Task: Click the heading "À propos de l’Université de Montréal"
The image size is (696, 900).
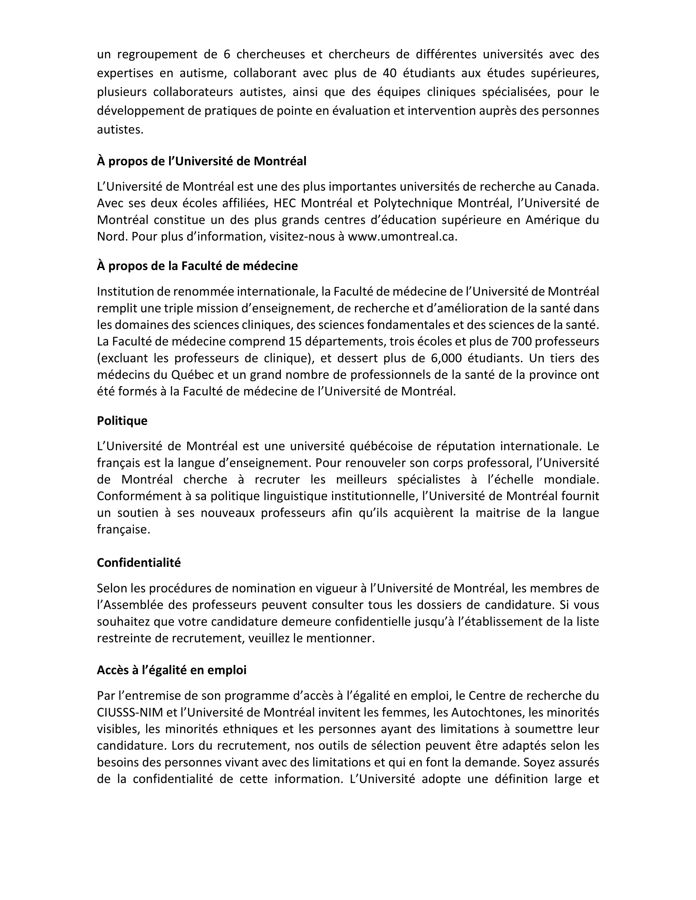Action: (201, 161)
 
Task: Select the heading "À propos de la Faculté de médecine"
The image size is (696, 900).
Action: (197, 266)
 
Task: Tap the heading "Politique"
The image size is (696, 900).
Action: (122, 421)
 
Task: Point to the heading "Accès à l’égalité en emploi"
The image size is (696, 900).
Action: (172, 670)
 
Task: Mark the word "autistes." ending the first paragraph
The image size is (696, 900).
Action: (120, 129)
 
